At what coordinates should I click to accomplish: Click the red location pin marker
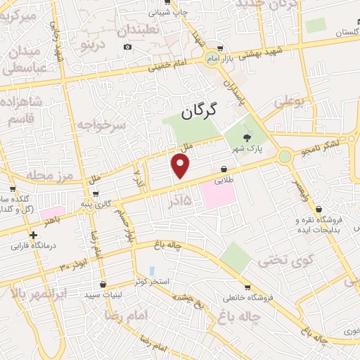(181, 166)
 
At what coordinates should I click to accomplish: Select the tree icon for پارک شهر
(246, 138)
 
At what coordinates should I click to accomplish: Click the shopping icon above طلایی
(224, 169)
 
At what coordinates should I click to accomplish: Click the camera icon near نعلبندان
(127, 47)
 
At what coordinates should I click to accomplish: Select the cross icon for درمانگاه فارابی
(33, 235)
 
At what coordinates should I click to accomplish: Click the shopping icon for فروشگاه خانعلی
(247, 287)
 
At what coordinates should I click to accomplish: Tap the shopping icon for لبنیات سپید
(104, 285)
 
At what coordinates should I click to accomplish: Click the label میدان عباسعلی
(25, 61)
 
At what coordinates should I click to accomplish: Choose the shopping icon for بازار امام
(221, 49)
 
